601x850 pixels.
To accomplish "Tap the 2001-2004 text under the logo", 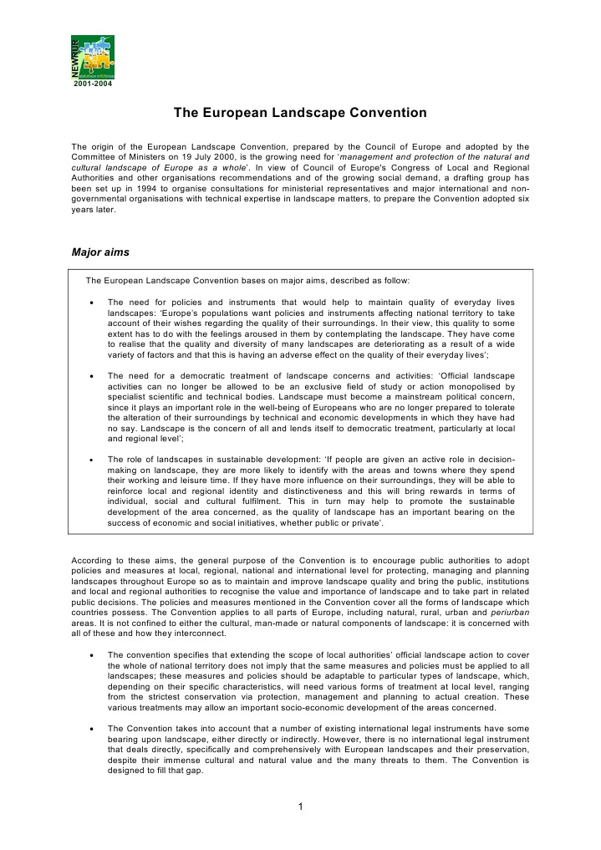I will pos(93,84).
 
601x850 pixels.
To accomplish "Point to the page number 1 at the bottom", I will pos(300,806).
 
